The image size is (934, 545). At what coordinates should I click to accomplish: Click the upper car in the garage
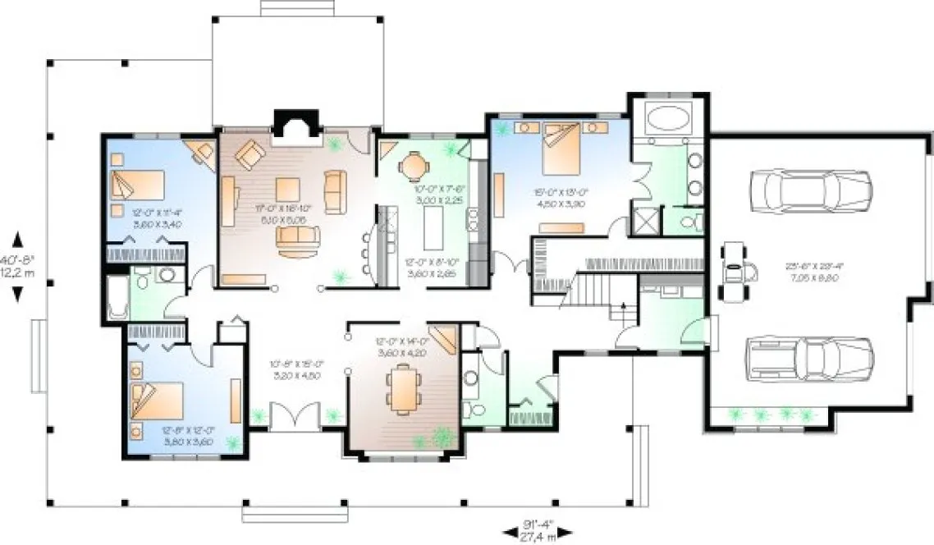click(809, 190)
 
